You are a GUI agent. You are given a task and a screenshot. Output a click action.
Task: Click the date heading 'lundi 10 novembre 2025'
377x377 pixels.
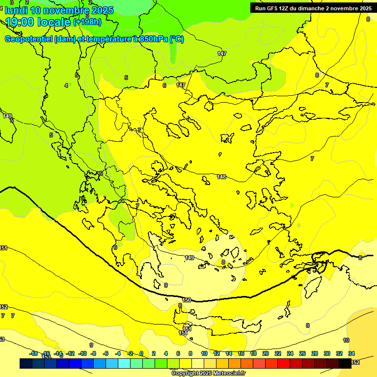tap(59, 10)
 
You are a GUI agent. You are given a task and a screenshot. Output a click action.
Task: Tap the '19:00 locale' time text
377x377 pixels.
tap(38, 22)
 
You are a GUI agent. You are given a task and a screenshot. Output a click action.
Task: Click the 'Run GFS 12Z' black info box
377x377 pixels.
tap(313, 8)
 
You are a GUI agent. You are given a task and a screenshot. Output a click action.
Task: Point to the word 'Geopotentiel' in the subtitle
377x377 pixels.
tap(27, 39)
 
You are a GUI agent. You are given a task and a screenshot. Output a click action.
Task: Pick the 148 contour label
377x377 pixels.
tap(221, 177)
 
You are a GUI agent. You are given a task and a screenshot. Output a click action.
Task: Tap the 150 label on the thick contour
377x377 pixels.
tap(187, 300)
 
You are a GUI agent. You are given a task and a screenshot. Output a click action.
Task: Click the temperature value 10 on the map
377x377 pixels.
tap(346, 340)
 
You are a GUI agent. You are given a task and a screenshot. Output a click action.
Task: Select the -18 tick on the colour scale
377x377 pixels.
tap(33, 353)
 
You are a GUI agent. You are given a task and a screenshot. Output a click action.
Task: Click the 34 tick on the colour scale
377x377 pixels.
tap(351, 353)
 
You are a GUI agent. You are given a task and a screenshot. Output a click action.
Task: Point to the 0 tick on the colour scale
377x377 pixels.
tap(141, 353)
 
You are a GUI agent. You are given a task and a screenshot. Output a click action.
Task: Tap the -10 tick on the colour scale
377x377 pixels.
tap(82, 353)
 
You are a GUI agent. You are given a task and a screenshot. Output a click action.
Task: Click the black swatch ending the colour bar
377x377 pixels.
tap(345, 363)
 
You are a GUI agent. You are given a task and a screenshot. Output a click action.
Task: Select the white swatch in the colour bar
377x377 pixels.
tap(198, 363)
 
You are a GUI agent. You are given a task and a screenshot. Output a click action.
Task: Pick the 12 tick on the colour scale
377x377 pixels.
tap(216, 353)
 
